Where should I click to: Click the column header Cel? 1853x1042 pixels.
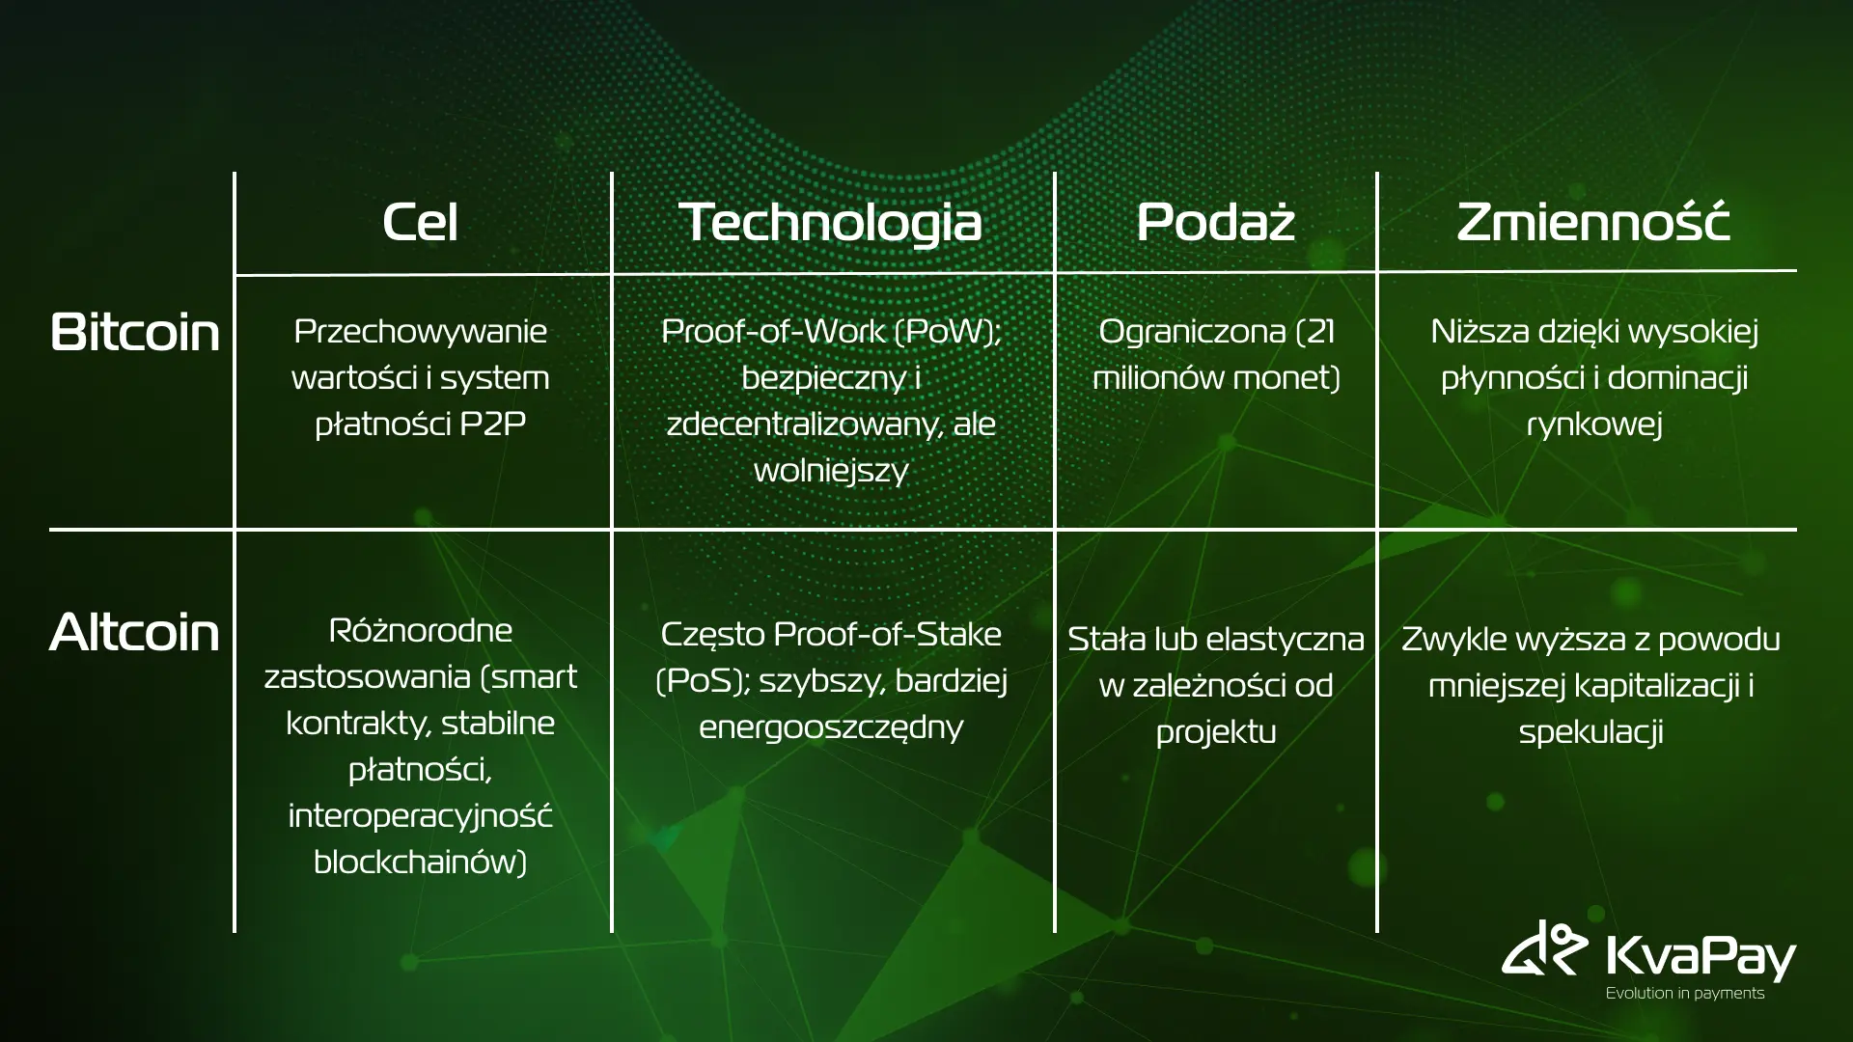click(x=420, y=222)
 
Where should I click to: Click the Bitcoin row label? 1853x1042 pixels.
click(x=134, y=332)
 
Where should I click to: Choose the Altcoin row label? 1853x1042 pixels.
click(x=134, y=633)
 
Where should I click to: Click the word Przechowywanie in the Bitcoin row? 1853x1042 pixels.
click(x=420, y=333)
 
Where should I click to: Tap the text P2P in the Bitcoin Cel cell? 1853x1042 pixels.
click(x=492, y=424)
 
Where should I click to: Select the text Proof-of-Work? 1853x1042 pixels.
click(x=773, y=332)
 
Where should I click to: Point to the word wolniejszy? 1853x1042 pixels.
click(x=831, y=472)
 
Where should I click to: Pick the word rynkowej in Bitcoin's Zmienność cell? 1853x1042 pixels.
click(x=1594, y=425)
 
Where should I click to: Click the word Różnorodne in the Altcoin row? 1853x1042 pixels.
click(x=420, y=631)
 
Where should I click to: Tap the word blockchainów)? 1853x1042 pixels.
click(x=420, y=862)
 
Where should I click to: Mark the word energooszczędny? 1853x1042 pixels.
click(x=831, y=728)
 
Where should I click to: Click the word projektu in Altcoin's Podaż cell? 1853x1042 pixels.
click(x=1216, y=733)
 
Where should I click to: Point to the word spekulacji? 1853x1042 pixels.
click(x=1590, y=733)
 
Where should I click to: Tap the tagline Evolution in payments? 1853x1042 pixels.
click(x=1684, y=994)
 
